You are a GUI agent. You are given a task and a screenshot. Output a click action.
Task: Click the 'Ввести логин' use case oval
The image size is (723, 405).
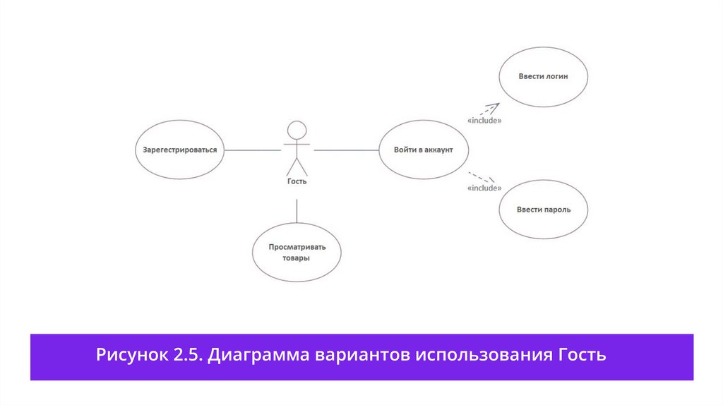543,77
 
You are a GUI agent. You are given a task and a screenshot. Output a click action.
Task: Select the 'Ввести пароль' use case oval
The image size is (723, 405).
543,210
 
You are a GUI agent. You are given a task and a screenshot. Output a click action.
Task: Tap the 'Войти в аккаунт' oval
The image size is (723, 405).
423,150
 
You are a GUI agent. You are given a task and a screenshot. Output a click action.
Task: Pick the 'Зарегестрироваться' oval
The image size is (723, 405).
179,150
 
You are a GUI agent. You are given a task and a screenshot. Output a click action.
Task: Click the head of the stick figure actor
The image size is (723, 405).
297,130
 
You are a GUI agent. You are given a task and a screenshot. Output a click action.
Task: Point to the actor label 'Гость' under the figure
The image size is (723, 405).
297,181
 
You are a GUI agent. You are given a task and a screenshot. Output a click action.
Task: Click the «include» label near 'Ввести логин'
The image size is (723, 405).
484,121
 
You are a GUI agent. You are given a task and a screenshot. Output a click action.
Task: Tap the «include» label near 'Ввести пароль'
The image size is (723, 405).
484,188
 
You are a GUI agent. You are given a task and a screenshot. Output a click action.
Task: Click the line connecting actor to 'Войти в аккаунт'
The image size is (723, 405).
346,150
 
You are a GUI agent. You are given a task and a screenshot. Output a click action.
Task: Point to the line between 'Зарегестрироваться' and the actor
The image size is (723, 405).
253,150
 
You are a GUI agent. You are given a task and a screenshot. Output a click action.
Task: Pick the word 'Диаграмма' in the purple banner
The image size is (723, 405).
259,355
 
